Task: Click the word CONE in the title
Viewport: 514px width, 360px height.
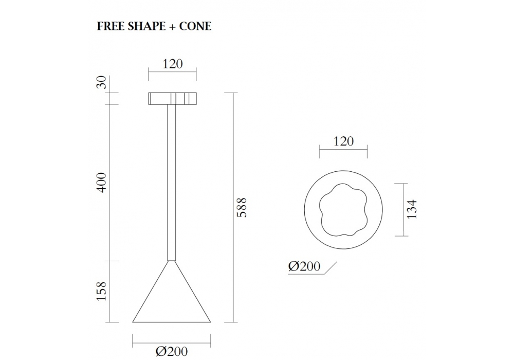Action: point(195,26)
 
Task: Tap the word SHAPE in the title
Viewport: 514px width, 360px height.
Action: point(146,26)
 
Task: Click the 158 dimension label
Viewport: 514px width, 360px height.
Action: point(102,291)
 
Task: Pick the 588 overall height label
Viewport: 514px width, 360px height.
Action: point(242,208)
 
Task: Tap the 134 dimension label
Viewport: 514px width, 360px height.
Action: point(412,209)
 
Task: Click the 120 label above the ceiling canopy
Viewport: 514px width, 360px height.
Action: point(172,64)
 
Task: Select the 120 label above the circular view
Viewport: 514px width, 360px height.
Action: point(343,141)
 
